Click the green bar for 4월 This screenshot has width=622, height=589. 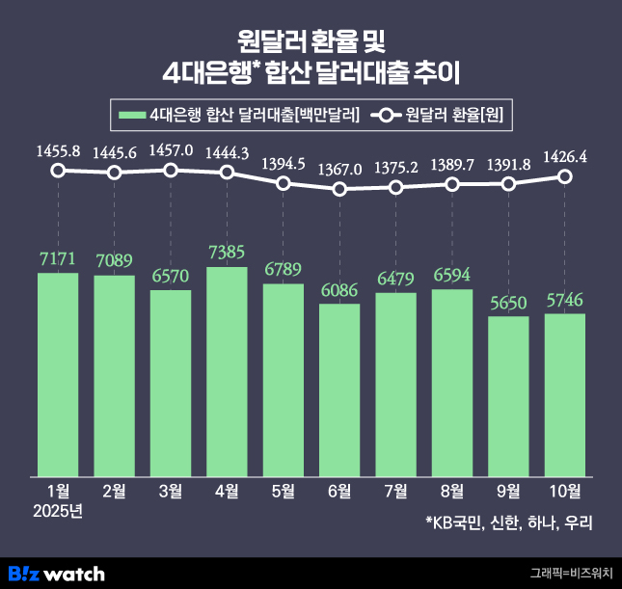click(x=227, y=371)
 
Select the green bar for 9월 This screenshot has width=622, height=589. click(x=508, y=395)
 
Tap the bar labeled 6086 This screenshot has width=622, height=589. click(x=339, y=389)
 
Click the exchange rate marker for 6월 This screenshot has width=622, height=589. click(x=339, y=189)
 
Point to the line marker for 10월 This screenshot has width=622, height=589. click(x=565, y=176)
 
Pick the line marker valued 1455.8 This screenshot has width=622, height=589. click(x=58, y=171)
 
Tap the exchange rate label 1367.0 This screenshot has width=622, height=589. click(x=339, y=170)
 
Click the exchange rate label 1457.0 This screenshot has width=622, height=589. click(x=170, y=151)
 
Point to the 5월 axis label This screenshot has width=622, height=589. click(x=283, y=492)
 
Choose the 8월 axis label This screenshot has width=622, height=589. click(x=452, y=492)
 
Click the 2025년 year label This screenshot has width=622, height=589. click(x=58, y=511)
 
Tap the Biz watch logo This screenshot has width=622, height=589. click(x=56, y=574)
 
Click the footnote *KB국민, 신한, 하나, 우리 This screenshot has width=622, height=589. click(x=507, y=524)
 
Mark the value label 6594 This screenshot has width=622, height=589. click(x=452, y=276)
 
